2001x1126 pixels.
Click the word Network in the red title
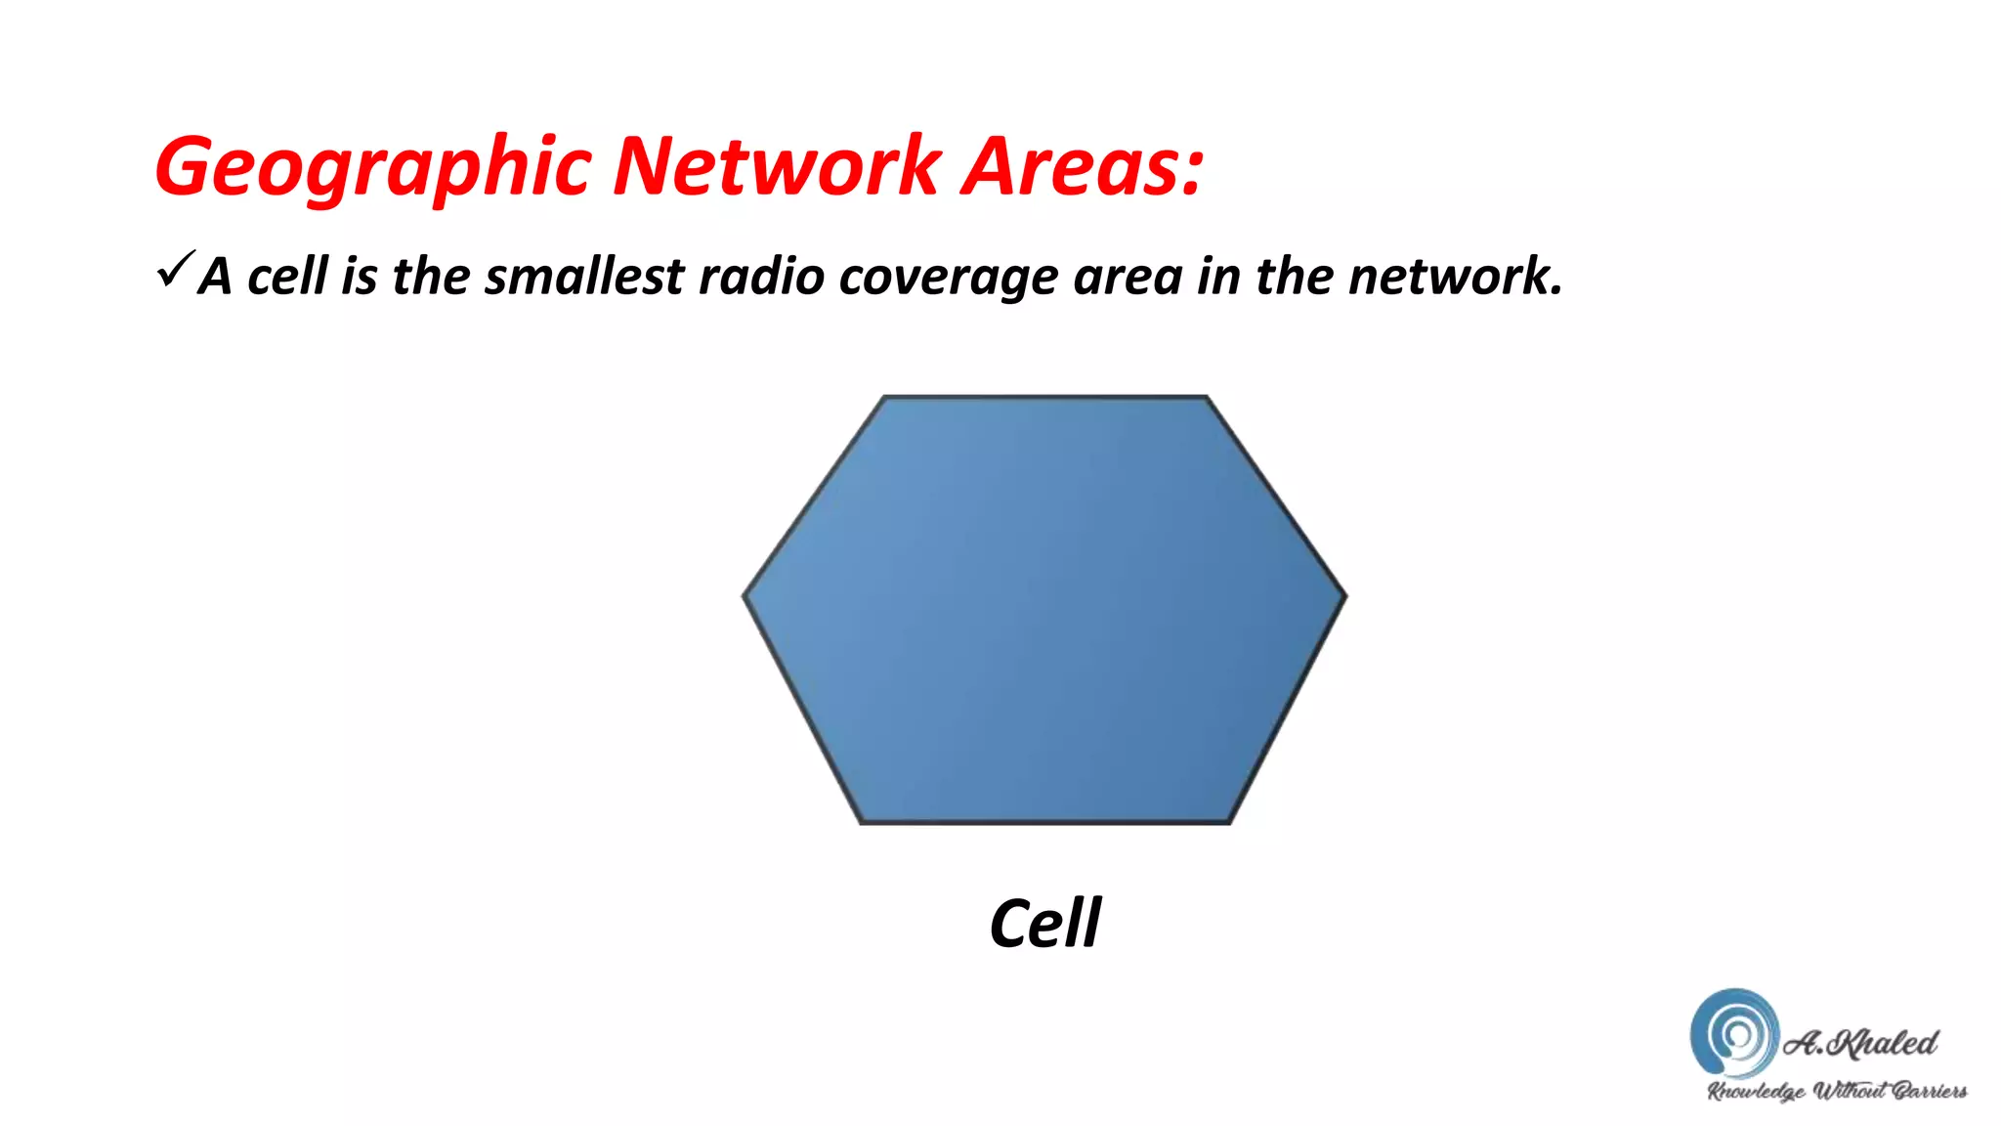coord(777,166)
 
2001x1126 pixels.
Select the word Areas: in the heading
coord(1083,166)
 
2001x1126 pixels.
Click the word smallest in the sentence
coord(584,276)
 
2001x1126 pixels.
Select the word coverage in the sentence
coord(948,278)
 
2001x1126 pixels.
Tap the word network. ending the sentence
coord(1455,276)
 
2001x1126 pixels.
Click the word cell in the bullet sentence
coord(287,276)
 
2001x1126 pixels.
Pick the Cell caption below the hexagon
coord(1044,923)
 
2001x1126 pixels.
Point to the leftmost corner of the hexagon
coord(745,594)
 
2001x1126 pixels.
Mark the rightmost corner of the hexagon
coord(1344,594)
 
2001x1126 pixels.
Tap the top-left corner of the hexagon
coord(884,398)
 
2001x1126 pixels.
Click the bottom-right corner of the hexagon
coord(1228,822)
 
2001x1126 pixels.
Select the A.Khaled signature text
coord(1860,1043)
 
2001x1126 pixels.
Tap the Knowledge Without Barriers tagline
coord(1836,1091)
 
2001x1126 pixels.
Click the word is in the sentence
coord(359,276)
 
